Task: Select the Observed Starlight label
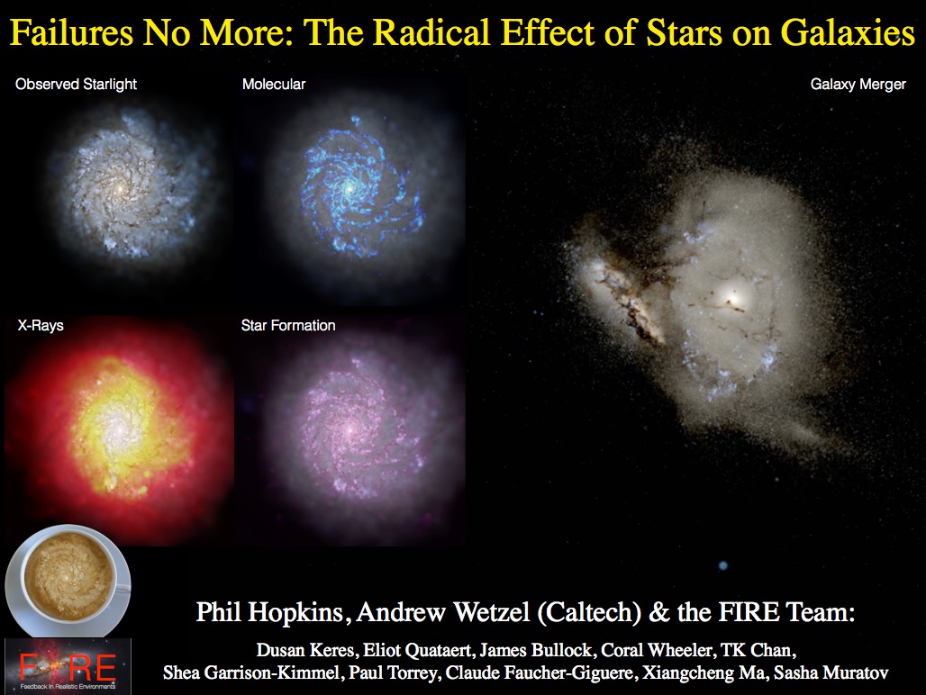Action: (77, 85)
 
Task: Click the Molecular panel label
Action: (274, 85)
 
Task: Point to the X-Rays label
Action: (41, 326)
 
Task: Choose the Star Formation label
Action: (288, 326)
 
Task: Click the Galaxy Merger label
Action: (858, 85)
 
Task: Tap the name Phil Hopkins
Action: (269, 612)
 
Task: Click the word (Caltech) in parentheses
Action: (589, 612)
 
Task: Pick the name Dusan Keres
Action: (304, 650)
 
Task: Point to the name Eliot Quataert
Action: (418, 650)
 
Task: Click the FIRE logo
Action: (68, 666)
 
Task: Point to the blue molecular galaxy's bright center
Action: (350, 187)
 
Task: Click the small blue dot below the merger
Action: (722, 565)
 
